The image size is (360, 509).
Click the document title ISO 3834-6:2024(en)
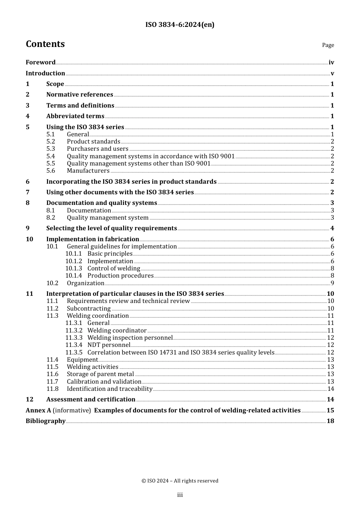180,25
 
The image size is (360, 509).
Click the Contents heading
45,44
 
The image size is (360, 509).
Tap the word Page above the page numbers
328,45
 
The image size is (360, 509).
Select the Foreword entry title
41,62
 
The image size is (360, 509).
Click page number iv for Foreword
331,62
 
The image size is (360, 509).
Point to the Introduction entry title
45,73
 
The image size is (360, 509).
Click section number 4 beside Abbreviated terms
28,116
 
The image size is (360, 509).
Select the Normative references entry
80,95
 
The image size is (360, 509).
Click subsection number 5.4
51,156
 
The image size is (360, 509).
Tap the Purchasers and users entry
97,149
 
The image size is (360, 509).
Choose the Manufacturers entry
88,171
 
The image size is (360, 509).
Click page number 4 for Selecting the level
332,228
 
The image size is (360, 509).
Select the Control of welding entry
114,269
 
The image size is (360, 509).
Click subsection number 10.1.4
74,276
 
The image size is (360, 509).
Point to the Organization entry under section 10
85,283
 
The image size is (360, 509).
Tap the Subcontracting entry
89,309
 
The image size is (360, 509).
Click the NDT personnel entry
109,345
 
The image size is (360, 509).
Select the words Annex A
38,411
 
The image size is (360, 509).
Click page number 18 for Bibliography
330,421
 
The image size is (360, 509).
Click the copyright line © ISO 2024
180,481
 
